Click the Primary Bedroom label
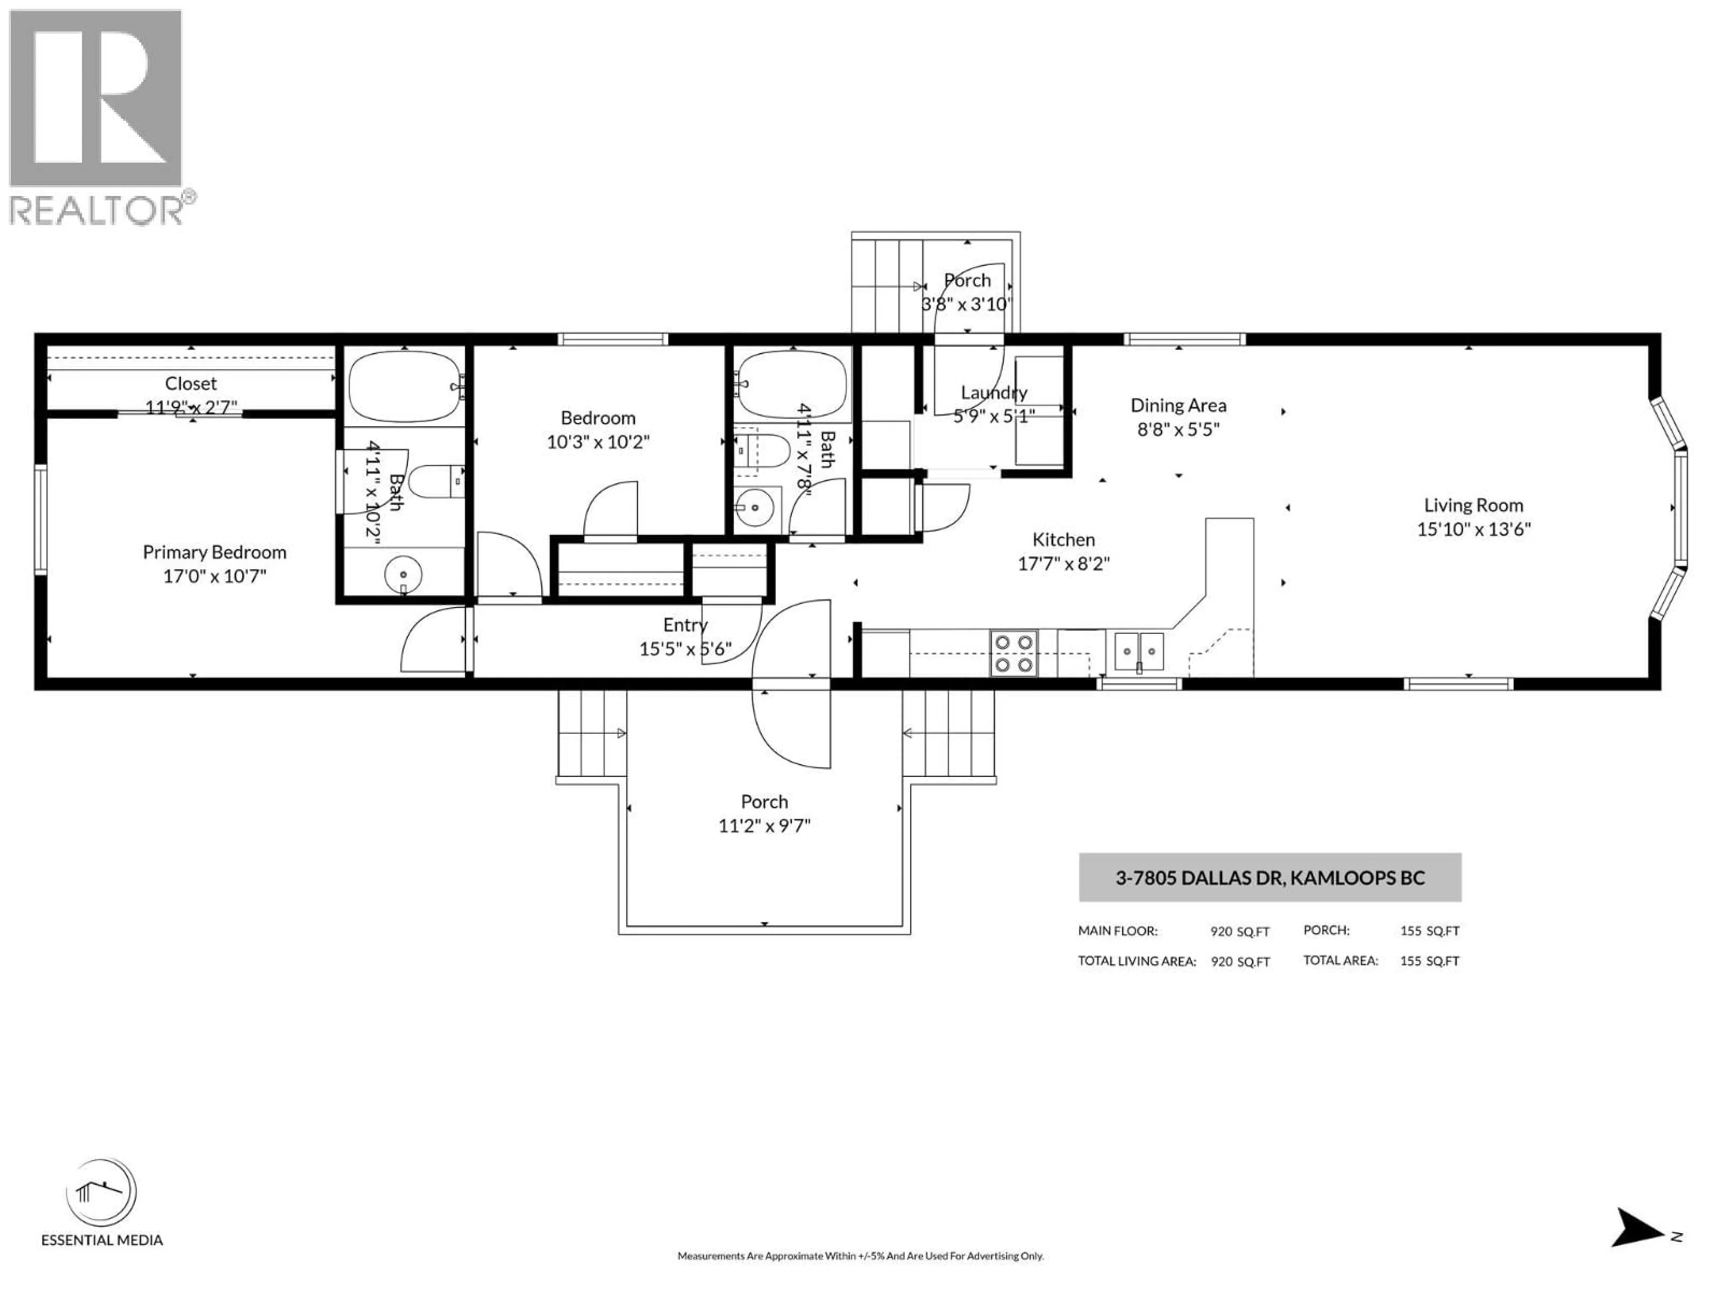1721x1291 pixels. [x=215, y=553]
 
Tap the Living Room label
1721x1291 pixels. [x=1474, y=506]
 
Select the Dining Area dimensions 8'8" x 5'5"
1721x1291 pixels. [x=1178, y=429]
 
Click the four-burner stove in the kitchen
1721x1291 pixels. [x=1014, y=653]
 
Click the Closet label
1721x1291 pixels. [x=190, y=384]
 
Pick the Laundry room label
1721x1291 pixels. [x=994, y=393]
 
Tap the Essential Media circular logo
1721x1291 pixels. [x=101, y=1193]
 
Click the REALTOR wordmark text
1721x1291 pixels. [x=96, y=211]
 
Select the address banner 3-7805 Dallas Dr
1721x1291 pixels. [x=1270, y=878]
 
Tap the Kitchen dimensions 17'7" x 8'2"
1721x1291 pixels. [x=1064, y=563]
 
